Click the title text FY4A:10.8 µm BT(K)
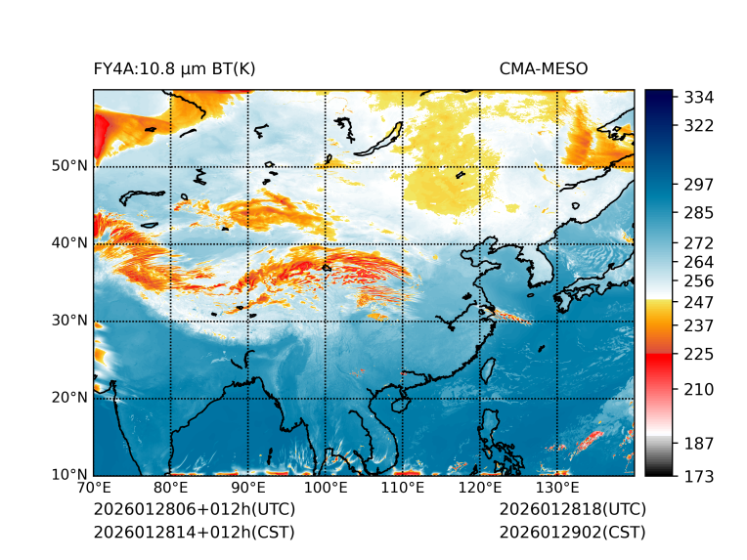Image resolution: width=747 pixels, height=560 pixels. [x=174, y=68]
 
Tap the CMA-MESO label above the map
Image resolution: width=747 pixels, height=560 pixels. [x=543, y=68]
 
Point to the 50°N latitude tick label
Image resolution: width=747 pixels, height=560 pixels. [x=69, y=165]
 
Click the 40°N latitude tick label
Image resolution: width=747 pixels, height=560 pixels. [x=69, y=242]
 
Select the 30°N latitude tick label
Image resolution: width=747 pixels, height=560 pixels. [x=69, y=320]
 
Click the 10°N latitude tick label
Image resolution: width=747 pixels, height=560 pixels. [x=69, y=475]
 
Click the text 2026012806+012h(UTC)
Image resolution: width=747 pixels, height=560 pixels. [x=194, y=509]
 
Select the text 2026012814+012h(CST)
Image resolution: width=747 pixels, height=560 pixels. [x=194, y=532]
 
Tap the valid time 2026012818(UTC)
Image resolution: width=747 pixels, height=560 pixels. [x=572, y=509]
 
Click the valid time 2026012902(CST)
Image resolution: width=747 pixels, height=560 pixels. [x=572, y=532]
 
